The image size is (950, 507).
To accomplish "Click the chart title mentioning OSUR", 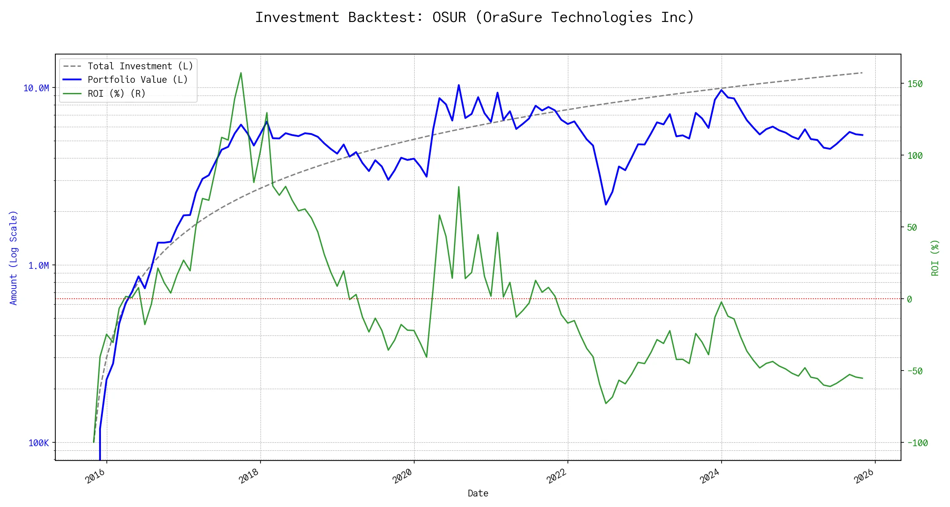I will click(x=475, y=17).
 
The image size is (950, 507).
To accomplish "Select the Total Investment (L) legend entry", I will click(x=140, y=66).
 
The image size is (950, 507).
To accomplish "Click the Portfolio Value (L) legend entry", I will click(x=138, y=80).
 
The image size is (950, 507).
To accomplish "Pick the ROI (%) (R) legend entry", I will click(x=117, y=93).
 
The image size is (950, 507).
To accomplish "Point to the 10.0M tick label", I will click(x=36, y=88).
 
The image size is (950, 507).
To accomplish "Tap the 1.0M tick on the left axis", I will click(x=38, y=266).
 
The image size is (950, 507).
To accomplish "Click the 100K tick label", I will click(x=38, y=443).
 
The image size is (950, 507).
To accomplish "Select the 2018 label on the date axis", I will click(x=249, y=477).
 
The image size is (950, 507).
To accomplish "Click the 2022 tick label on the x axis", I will click(x=556, y=477).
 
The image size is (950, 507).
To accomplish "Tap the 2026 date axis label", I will click(x=863, y=477).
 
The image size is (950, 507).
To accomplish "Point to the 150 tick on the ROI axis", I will click(x=915, y=84).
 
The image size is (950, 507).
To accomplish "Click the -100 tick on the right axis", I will click(x=917, y=443).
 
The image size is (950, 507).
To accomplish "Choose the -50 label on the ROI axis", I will click(x=915, y=371).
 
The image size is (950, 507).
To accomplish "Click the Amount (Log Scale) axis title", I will click(x=14, y=258).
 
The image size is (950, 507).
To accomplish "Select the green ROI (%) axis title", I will click(x=935, y=258).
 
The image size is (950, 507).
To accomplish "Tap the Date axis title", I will click(x=478, y=493).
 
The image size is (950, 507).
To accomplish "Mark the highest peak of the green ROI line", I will click(x=241, y=73).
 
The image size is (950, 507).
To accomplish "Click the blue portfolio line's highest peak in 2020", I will click(x=459, y=85).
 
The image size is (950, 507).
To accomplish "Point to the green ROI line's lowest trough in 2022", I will click(x=606, y=403).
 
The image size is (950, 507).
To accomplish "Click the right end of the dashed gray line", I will click(x=862, y=73).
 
